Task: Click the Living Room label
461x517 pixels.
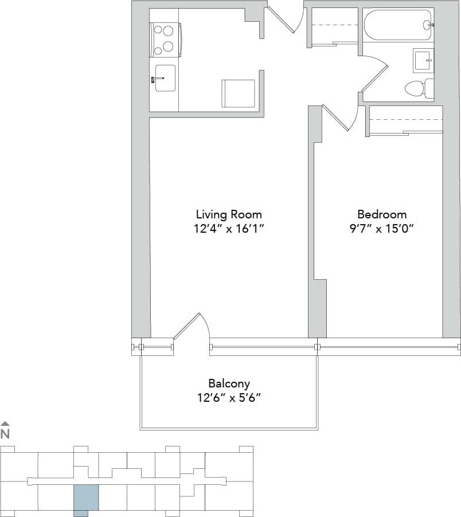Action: coord(229,215)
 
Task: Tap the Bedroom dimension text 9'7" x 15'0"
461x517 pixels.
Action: coord(382,229)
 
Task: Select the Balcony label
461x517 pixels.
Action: coord(229,383)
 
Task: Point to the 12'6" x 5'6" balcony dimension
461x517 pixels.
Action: coord(229,398)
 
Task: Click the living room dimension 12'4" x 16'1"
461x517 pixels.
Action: coord(229,229)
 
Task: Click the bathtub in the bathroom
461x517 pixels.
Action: coord(398,25)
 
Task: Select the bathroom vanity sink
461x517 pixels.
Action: coord(423,60)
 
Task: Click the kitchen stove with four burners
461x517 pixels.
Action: coord(165,40)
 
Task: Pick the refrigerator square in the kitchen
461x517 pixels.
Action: coord(238,93)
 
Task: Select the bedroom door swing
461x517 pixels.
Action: coord(341,117)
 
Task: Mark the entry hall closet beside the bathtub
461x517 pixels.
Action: coord(333,26)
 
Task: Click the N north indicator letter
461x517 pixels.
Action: coord(5,434)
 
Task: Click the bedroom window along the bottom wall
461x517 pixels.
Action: coord(387,347)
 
